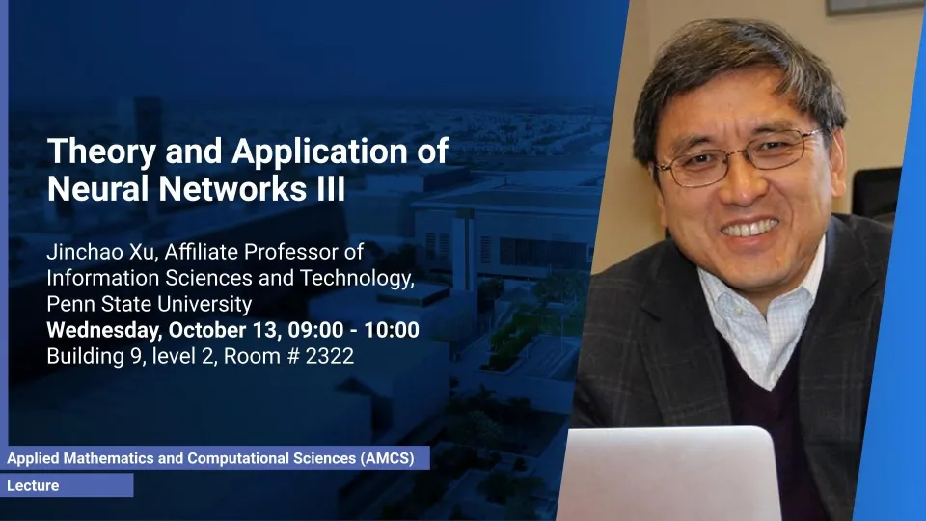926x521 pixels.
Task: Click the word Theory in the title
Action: click(101, 152)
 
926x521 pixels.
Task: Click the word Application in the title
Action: click(319, 152)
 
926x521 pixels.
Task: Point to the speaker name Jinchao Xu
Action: click(101, 252)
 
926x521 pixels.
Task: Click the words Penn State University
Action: click(150, 304)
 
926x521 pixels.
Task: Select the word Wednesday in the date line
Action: click(104, 330)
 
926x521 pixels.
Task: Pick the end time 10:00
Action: click(392, 330)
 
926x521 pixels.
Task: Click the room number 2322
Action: click(330, 356)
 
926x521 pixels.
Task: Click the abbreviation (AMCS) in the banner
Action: click(387, 458)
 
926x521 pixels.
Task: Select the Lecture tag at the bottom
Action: click(33, 485)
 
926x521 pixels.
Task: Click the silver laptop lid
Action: click(667, 474)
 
